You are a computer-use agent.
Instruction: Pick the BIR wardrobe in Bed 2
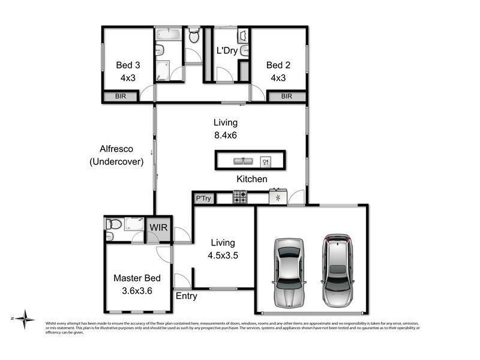pyautogui.click(x=286, y=96)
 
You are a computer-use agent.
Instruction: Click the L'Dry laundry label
pyautogui.click(x=227, y=51)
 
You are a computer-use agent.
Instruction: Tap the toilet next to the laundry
pyautogui.click(x=194, y=36)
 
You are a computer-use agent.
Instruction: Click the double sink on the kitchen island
pyautogui.click(x=242, y=161)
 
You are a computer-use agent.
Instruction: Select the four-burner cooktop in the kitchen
pyautogui.click(x=240, y=197)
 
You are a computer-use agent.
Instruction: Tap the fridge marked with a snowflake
pyautogui.click(x=277, y=197)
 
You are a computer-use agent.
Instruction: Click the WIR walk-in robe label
pyautogui.click(x=158, y=228)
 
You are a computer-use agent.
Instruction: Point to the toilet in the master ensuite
pyautogui.click(x=113, y=224)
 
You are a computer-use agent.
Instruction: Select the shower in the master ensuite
pyautogui.click(x=134, y=224)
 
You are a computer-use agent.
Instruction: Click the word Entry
pyautogui.click(x=186, y=296)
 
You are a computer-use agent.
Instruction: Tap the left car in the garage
pyautogui.click(x=289, y=271)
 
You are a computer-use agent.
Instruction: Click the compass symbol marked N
pyautogui.click(x=25, y=318)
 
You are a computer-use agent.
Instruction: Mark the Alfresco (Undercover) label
pyautogui.click(x=122, y=155)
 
